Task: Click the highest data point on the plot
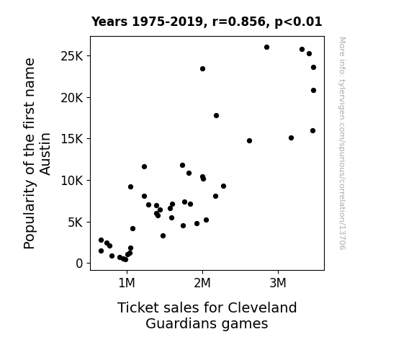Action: click(266, 48)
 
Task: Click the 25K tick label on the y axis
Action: click(72, 56)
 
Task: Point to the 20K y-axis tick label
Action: click(72, 98)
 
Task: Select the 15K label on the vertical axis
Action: click(72, 139)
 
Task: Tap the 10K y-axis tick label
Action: click(72, 181)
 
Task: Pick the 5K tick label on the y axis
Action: click(76, 222)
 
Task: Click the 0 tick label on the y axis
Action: click(79, 264)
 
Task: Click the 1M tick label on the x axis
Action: click(127, 283)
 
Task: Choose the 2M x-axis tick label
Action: click(202, 283)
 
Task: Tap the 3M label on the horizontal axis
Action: click(278, 283)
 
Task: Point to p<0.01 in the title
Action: click(298, 22)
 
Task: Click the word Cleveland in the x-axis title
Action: click(262, 307)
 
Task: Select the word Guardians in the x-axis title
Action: click(181, 323)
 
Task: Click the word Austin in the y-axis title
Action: click(45, 154)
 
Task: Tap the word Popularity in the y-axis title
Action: click(29, 215)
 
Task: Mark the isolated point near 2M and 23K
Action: click(202, 69)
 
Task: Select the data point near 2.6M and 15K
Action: click(249, 141)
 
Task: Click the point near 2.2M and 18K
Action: click(216, 116)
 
